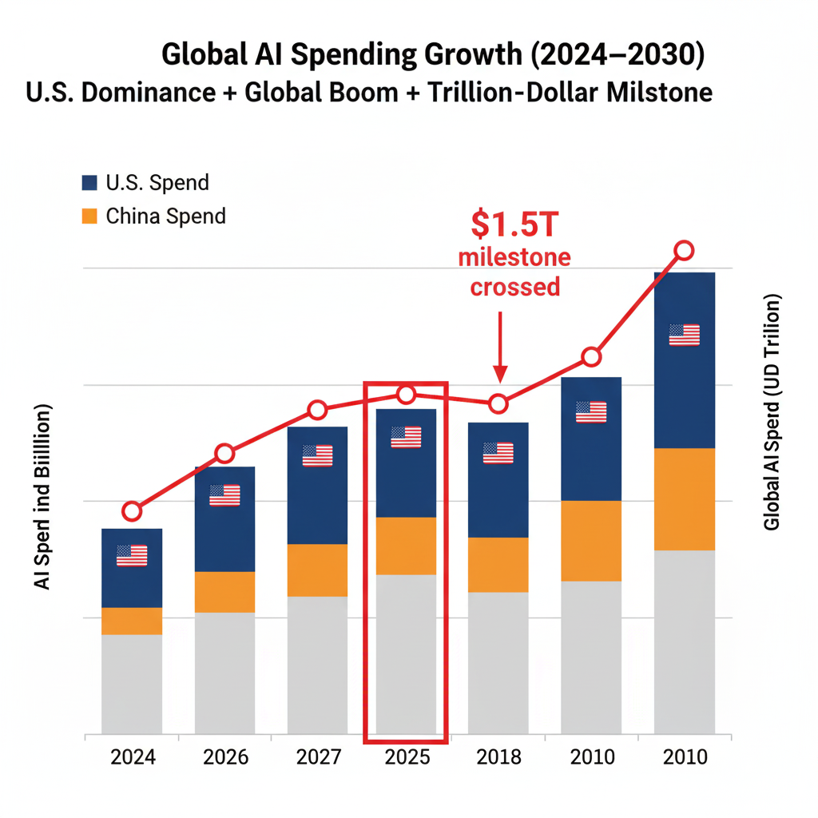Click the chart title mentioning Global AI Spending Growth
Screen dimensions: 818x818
[434, 56]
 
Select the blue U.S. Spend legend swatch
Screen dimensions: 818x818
[89, 182]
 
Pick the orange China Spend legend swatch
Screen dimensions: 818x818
[89, 216]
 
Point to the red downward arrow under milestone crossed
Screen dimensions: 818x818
[500, 347]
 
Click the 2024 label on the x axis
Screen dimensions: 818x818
[132, 756]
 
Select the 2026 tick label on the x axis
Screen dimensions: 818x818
[225, 756]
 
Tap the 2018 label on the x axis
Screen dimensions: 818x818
[498, 756]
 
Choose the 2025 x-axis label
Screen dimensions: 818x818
[407, 756]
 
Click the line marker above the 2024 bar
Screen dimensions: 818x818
[133, 511]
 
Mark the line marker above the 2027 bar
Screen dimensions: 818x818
[317, 411]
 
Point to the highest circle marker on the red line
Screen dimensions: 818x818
[684, 251]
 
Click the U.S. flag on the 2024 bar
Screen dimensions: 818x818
[132, 555]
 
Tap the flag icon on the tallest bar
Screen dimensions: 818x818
[685, 335]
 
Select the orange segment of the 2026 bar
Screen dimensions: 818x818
[225, 592]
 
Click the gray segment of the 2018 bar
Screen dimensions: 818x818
[498, 663]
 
